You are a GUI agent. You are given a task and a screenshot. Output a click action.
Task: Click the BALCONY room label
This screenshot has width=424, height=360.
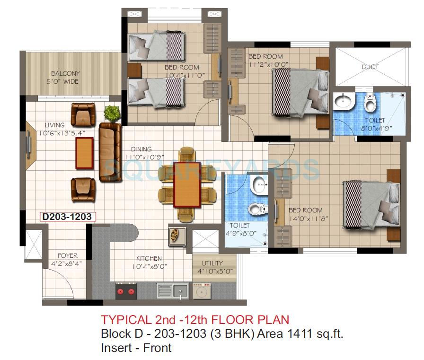pyautogui.click(x=66, y=74)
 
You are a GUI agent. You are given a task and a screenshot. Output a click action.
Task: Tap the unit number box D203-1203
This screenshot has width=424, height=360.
pyautogui.click(x=69, y=217)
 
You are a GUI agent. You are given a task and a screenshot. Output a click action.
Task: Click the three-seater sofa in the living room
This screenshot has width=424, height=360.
pyautogui.click(x=110, y=151)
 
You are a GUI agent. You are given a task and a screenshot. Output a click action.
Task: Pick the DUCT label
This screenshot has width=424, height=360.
pyautogui.click(x=370, y=67)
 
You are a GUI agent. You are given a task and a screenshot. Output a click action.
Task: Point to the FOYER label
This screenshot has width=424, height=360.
pyautogui.click(x=68, y=256)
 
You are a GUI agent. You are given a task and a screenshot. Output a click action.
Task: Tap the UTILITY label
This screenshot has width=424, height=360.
pyautogui.click(x=212, y=263)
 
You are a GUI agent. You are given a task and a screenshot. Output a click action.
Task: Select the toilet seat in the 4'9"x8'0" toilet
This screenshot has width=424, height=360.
pyautogui.click(x=256, y=208)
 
